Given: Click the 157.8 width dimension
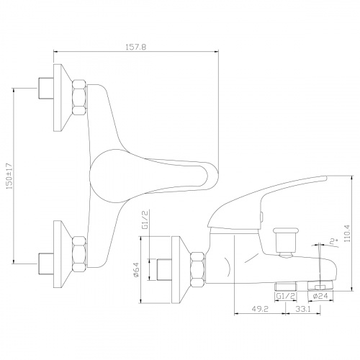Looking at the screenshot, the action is pyautogui.click(x=135, y=47).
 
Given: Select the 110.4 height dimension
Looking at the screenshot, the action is pyautogui.click(x=347, y=233).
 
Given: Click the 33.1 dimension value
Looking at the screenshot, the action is pyautogui.click(x=303, y=309).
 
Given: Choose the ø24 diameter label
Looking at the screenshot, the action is pyautogui.click(x=320, y=296).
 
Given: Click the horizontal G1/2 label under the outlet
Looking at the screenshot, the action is pyautogui.click(x=285, y=296).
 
